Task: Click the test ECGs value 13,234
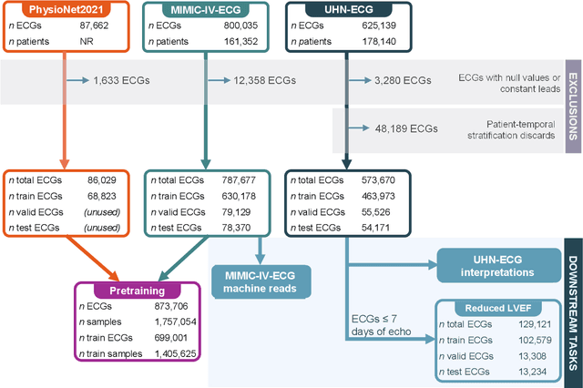[527, 372]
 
